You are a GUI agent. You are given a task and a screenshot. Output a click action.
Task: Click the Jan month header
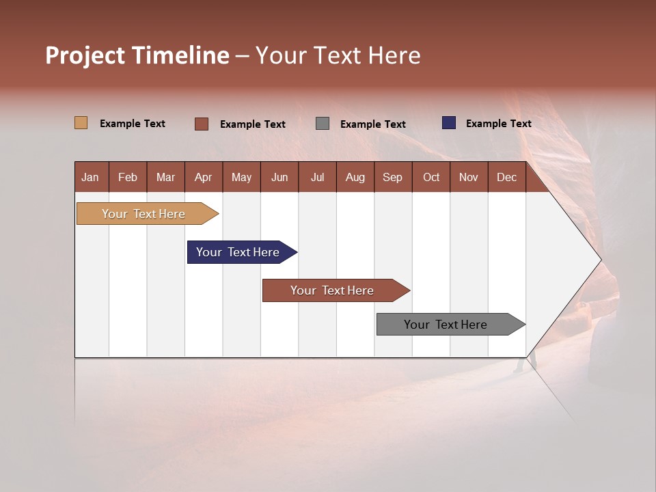pyautogui.click(x=90, y=178)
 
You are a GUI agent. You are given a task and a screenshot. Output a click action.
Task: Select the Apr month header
pyautogui.click(x=203, y=178)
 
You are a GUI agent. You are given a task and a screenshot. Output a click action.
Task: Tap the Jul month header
pyautogui.click(x=317, y=178)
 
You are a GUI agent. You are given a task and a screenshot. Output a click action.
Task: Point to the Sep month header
pyautogui.click(x=392, y=178)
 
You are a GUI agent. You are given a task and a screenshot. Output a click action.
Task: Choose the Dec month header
pyautogui.click(x=506, y=178)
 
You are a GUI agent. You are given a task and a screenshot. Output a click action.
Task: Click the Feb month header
pyautogui.click(x=128, y=178)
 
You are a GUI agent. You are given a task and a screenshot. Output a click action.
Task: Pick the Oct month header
pyautogui.click(x=431, y=178)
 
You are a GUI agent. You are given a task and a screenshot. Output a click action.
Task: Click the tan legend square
pyautogui.click(x=81, y=123)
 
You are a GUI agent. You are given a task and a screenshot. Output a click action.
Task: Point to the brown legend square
pyautogui.click(x=202, y=124)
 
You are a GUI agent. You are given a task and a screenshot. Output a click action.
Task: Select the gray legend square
pyautogui.click(x=323, y=124)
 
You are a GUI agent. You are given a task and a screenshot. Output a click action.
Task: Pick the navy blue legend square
pyautogui.click(x=449, y=123)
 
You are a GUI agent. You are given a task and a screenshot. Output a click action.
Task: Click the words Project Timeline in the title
pyautogui.click(x=137, y=55)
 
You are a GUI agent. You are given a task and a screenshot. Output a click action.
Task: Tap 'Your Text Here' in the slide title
pyautogui.click(x=338, y=55)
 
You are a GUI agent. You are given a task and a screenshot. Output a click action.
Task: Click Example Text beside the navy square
pyautogui.click(x=498, y=124)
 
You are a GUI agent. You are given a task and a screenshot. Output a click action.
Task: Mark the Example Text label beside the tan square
pyautogui.click(x=133, y=124)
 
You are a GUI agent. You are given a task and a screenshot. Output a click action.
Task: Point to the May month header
pyautogui.click(x=241, y=178)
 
